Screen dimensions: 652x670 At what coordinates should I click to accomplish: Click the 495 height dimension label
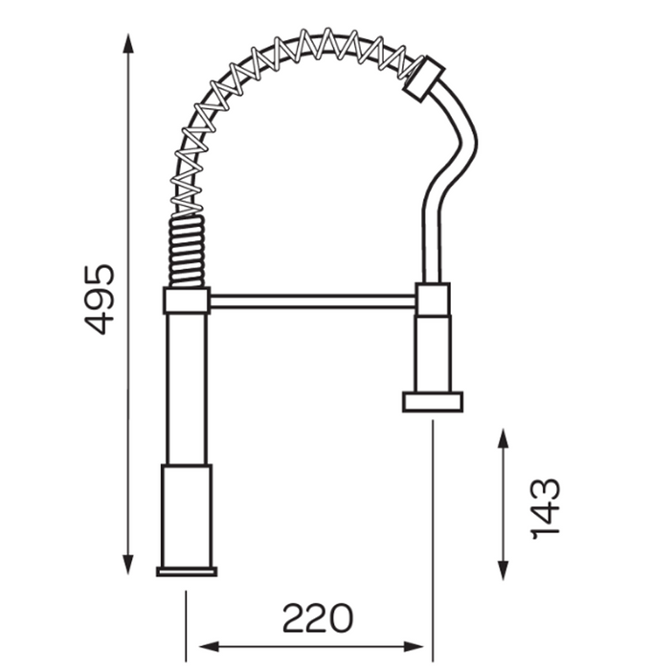pos(100,300)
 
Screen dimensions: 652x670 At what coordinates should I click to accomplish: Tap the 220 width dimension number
pos(318,618)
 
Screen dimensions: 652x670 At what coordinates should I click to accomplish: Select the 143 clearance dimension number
pos(545,508)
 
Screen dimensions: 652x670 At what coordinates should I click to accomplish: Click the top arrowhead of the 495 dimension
pos(128,43)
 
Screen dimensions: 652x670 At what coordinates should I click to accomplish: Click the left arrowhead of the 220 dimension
pos(210,646)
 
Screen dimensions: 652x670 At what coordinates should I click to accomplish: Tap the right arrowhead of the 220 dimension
pos(413,646)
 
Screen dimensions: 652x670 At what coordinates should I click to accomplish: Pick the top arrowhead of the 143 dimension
pos(504,438)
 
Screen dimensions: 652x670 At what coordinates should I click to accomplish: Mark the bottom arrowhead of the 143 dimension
pos(504,570)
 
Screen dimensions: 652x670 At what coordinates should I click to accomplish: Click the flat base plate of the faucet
pos(187,571)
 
